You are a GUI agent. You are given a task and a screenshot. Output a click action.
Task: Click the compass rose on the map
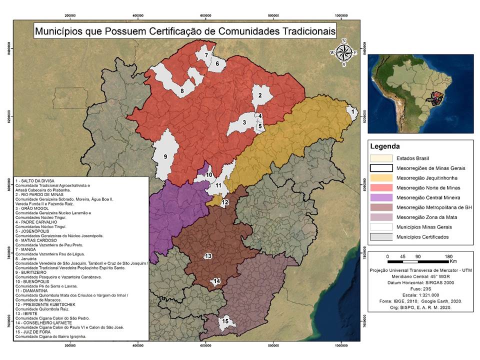pos(343,52)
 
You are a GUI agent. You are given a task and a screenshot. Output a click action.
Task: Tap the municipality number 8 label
pos(182,90)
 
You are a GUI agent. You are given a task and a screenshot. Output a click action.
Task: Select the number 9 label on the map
pos(165,156)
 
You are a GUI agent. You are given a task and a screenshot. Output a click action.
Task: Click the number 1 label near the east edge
pos(353,112)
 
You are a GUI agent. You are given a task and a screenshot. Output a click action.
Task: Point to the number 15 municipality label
pos(225,321)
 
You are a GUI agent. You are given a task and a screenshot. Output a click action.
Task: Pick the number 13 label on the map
pos(208,256)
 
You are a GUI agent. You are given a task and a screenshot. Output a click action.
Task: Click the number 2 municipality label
pos(260,95)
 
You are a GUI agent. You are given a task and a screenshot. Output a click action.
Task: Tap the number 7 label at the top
pos(205,55)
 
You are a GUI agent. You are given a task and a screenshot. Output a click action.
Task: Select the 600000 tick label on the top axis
pos(206,15)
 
